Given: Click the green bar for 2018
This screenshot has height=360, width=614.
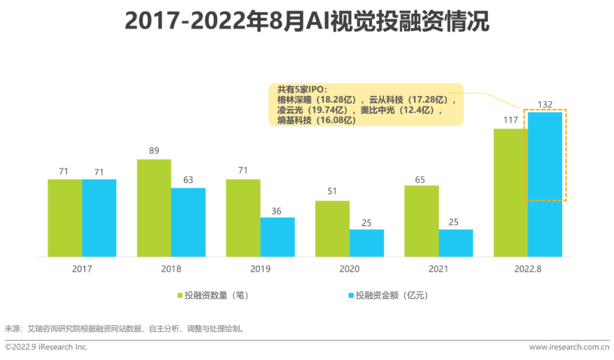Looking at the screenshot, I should click(x=154, y=208).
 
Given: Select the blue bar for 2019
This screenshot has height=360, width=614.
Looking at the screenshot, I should click(x=277, y=237).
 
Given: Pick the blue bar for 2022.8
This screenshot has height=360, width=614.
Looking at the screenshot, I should click(x=545, y=184).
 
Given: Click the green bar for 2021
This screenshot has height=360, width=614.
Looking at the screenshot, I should click(x=422, y=221).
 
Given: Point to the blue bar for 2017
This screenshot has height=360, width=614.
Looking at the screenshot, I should click(x=99, y=218).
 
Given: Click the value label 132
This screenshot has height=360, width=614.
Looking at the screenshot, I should click(x=545, y=104).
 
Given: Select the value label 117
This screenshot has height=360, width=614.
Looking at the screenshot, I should click(x=510, y=121).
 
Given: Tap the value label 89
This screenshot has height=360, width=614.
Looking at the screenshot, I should click(x=154, y=151).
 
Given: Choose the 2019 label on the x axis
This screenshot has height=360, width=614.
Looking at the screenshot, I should click(x=260, y=269).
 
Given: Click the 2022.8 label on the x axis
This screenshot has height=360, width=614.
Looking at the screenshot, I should click(x=528, y=269).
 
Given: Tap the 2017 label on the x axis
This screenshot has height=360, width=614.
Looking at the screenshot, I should click(x=82, y=269).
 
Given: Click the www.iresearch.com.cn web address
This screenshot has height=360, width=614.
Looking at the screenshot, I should click(x=568, y=347).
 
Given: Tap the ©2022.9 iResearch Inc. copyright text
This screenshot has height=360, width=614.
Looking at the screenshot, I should click(x=47, y=347).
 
